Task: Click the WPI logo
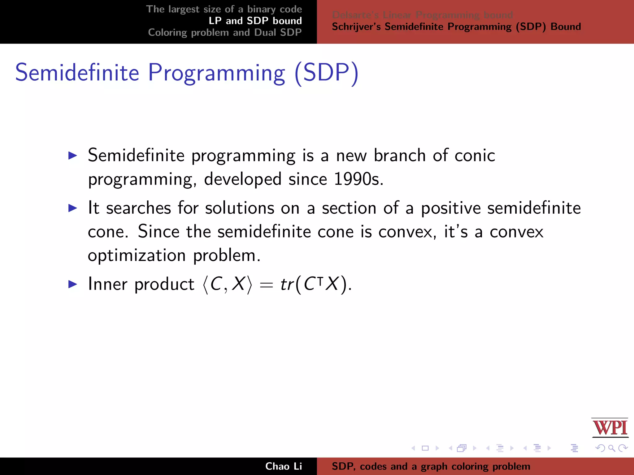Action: point(610,428)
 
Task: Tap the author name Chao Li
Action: point(283,466)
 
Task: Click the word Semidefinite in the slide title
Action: point(77,73)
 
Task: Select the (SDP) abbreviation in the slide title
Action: point(327,73)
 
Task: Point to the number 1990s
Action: point(358,179)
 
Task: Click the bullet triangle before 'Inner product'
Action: point(72,284)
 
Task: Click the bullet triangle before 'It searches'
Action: point(72,208)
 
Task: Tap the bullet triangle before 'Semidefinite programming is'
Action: point(72,155)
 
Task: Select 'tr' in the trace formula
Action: point(287,284)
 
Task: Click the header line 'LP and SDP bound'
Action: point(255,21)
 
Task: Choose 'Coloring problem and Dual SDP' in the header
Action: point(225,32)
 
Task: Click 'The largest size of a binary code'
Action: point(224,9)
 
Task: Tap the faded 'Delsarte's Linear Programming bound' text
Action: point(422,15)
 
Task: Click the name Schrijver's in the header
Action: point(356,27)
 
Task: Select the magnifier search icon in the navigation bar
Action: point(611,448)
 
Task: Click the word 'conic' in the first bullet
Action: point(475,155)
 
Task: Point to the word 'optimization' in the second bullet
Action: point(137,255)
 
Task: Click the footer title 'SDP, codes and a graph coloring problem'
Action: point(431,466)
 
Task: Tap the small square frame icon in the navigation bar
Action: point(425,448)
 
